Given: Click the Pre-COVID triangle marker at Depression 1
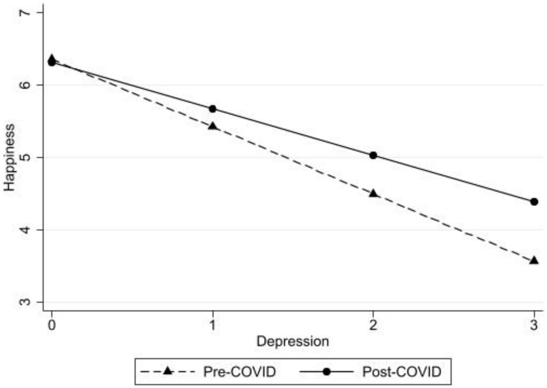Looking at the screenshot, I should point(212,126).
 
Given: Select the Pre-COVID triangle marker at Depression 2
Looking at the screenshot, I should point(373,193).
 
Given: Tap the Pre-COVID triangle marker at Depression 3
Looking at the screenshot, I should point(534,260).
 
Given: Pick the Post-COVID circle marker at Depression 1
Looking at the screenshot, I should point(212,109).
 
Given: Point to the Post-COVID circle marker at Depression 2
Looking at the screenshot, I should point(373,155).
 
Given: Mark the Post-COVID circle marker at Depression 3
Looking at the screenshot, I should point(534,201).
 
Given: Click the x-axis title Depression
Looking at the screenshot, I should point(293,341).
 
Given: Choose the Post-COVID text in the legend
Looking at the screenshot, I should point(402,372).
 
